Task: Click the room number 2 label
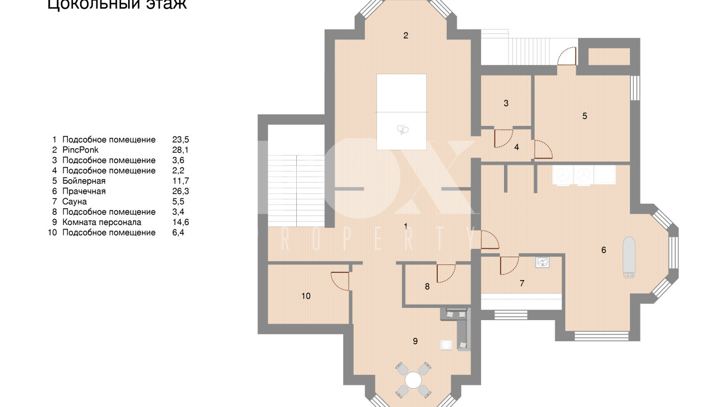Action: pyautogui.click(x=406, y=36)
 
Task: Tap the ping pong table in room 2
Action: pyautogui.click(x=402, y=111)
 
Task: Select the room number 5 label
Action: pyautogui.click(x=585, y=116)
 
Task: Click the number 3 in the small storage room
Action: pyautogui.click(x=506, y=103)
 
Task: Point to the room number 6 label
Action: pyautogui.click(x=604, y=250)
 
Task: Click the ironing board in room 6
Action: pyautogui.click(x=629, y=256)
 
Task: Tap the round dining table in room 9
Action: pyautogui.click(x=414, y=380)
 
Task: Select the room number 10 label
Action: pyautogui.click(x=306, y=296)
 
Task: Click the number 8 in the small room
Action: pyautogui.click(x=427, y=287)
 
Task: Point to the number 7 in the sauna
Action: pyautogui.click(x=522, y=283)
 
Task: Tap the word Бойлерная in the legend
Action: pyautogui.click(x=84, y=181)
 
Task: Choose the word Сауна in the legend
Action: pyautogui.click(x=75, y=202)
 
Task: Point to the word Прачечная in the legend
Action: pyautogui.click(x=84, y=191)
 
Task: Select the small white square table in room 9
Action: pyautogui.click(x=446, y=345)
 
